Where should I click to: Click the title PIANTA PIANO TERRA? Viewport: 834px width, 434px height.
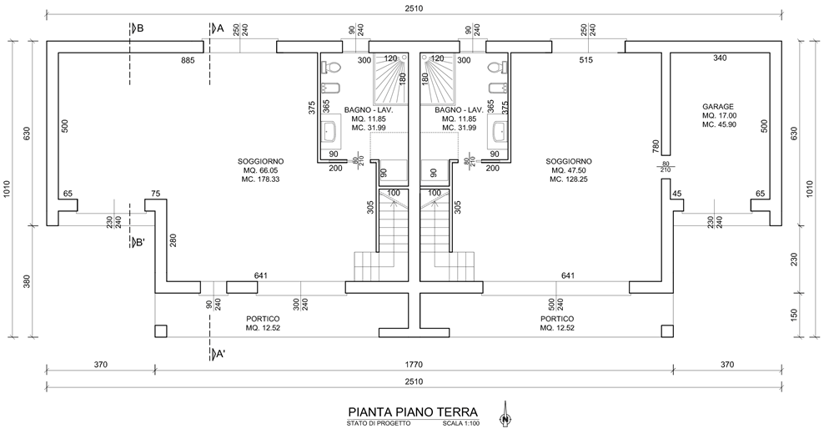(x=413, y=412)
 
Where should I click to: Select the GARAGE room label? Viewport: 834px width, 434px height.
(x=718, y=107)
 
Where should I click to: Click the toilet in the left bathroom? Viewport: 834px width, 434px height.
(x=334, y=68)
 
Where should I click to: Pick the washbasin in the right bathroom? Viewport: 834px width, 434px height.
(x=500, y=132)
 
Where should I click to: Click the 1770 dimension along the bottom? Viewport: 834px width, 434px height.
(x=414, y=365)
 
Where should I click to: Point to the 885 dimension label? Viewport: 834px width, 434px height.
(x=188, y=60)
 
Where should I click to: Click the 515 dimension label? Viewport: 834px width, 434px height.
(x=585, y=60)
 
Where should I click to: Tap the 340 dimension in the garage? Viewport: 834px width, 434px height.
(x=720, y=58)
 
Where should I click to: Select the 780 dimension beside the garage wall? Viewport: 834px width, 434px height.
(x=656, y=146)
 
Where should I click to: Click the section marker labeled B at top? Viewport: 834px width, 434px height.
(x=137, y=28)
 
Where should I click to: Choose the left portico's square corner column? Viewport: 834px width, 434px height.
(x=161, y=331)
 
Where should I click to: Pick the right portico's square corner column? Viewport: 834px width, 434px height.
(x=667, y=331)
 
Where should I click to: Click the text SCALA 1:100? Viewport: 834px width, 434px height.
(x=461, y=424)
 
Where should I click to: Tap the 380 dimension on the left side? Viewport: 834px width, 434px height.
(x=27, y=281)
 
